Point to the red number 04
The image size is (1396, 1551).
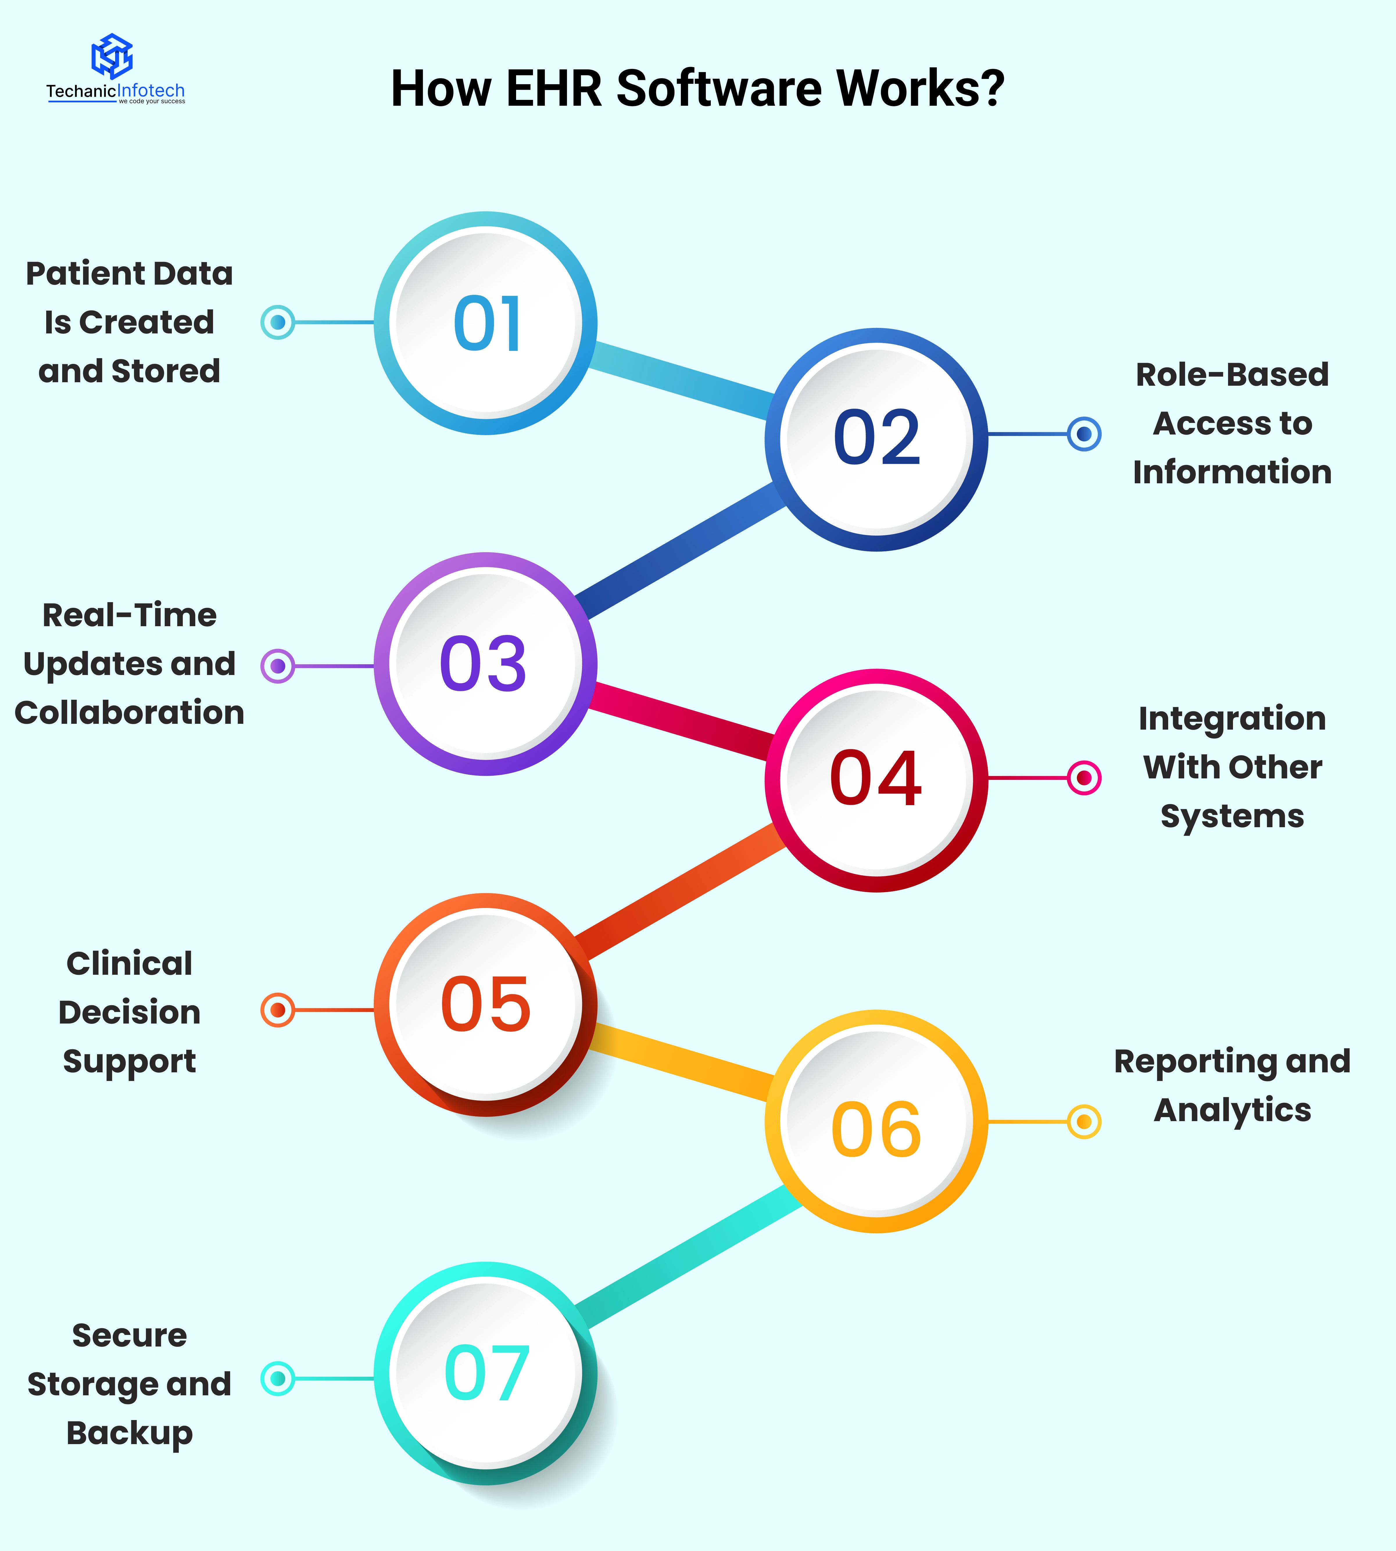point(875,779)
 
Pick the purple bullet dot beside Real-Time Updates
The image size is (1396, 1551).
point(278,666)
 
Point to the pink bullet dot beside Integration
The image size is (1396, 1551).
point(1084,778)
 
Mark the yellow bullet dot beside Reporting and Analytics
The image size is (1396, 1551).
point(1084,1122)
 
